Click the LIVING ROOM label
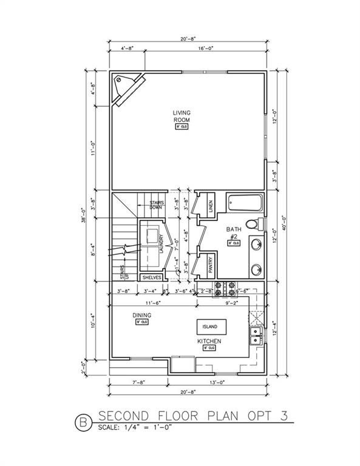(182, 116)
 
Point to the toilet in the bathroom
(259, 224)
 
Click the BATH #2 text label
(234, 232)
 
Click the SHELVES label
(152, 277)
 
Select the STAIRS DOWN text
(159, 205)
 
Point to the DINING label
(141, 316)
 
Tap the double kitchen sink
(256, 336)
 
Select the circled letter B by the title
(82, 418)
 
